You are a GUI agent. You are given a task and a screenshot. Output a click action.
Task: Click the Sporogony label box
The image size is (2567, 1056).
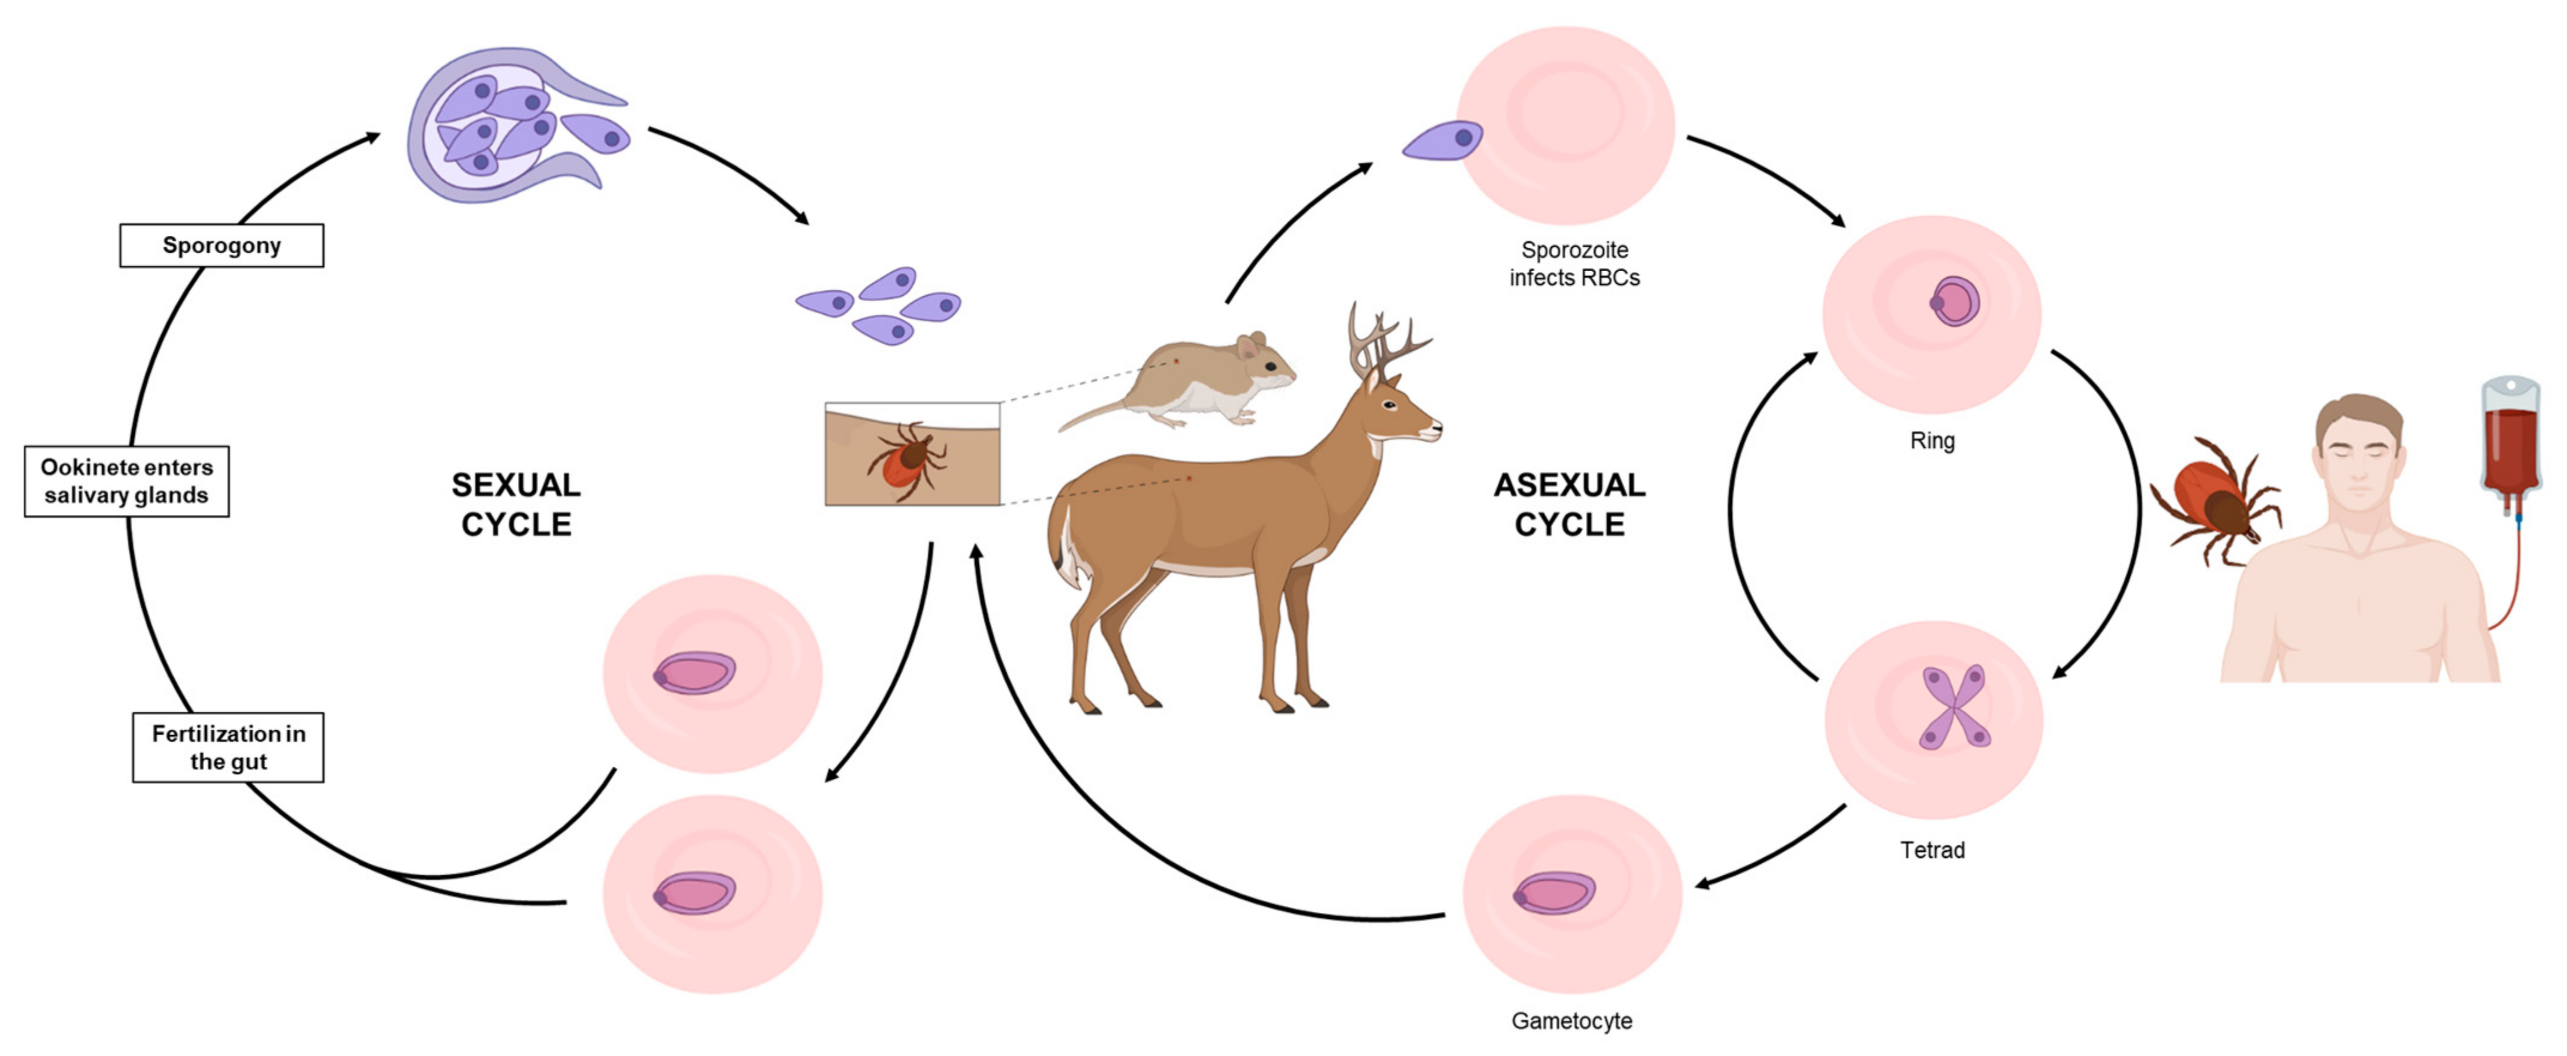(x=221, y=245)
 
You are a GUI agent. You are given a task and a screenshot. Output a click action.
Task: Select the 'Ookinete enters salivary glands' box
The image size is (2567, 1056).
(x=126, y=481)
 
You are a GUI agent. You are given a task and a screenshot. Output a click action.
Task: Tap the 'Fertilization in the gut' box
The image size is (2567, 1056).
(x=228, y=747)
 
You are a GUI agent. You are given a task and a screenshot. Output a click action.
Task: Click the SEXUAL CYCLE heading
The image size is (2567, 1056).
(x=515, y=504)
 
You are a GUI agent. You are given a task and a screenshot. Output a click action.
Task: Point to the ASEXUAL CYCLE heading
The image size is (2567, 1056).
(x=1570, y=504)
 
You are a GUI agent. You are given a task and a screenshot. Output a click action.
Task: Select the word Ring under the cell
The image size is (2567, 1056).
(x=1931, y=441)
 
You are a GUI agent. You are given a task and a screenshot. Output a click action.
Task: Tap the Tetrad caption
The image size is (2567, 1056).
(x=1931, y=850)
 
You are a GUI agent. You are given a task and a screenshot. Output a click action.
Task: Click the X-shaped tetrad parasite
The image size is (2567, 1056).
(x=1953, y=708)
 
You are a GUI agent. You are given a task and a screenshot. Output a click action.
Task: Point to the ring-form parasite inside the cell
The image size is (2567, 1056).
(x=1954, y=302)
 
